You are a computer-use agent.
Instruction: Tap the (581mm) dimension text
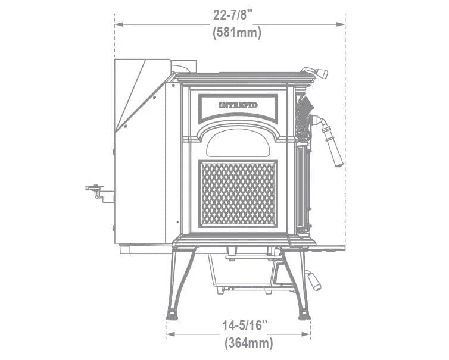237,32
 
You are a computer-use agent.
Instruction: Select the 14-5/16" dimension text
245,325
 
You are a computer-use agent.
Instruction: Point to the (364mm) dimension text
248,343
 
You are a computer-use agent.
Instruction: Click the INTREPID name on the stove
238,105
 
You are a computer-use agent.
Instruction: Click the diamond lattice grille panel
238,194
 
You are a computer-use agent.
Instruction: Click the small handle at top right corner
315,72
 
